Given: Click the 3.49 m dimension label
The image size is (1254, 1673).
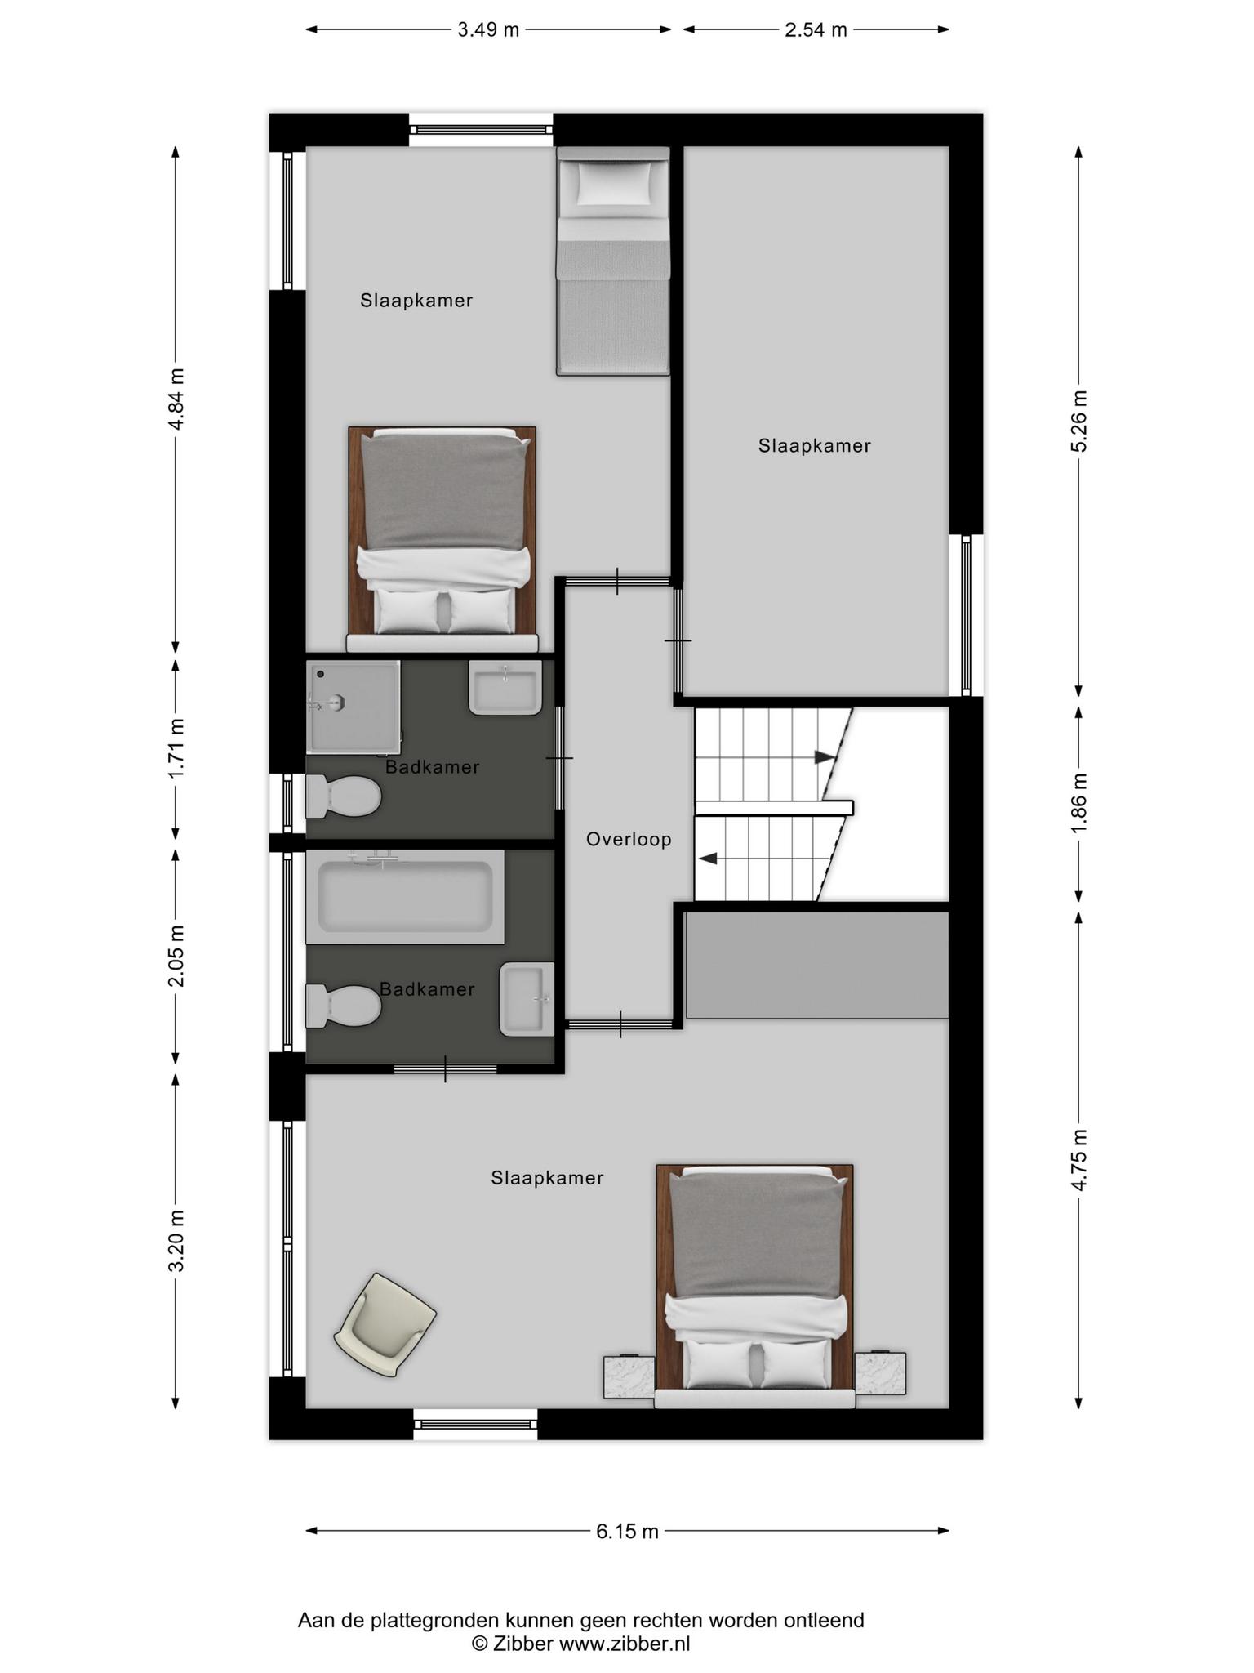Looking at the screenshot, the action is [x=488, y=30].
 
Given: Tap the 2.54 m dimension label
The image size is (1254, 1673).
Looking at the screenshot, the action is [x=816, y=30].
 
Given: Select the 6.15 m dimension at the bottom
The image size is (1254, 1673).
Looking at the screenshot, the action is [x=627, y=1532].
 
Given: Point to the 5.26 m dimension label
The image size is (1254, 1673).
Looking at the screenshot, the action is [x=1079, y=421].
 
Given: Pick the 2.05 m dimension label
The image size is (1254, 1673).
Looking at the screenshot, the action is [x=176, y=956].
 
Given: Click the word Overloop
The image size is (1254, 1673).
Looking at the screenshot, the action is [x=629, y=839].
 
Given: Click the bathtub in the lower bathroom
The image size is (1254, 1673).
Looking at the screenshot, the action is [x=405, y=897].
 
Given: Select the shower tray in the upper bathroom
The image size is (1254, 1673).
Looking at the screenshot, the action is [x=354, y=707].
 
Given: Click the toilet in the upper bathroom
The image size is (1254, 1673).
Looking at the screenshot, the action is [x=344, y=796].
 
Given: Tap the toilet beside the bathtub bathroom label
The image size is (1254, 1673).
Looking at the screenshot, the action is [x=344, y=1005].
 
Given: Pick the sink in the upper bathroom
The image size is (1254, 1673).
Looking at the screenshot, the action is [x=505, y=688].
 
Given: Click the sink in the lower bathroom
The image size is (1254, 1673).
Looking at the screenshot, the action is [x=527, y=999].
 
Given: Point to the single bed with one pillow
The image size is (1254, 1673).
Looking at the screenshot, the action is [x=613, y=261].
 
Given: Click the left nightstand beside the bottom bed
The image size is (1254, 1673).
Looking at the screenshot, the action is [x=629, y=1375].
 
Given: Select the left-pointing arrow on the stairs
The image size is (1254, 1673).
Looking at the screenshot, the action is [x=708, y=859].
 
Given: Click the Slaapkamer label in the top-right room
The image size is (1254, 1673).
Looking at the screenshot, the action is [x=815, y=446].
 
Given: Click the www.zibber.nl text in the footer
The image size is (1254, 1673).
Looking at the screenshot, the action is [x=625, y=1644].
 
